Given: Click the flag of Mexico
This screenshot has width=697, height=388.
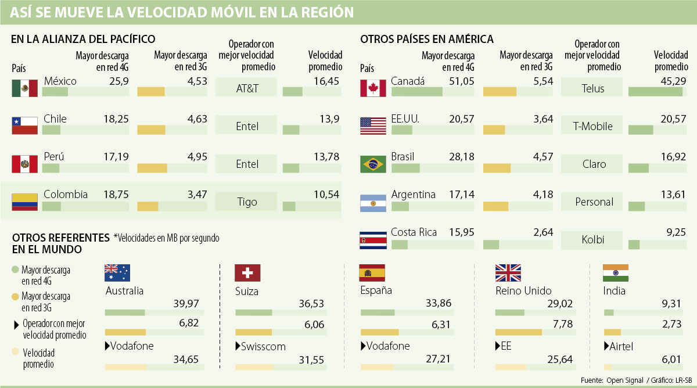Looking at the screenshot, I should pyautogui.click(x=24, y=88).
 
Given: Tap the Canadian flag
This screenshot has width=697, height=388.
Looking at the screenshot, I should pyautogui.click(x=373, y=88).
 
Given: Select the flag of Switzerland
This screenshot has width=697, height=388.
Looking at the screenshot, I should pyautogui.click(x=247, y=273).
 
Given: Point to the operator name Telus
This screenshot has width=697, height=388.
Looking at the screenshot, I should pyautogui.click(x=593, y=88).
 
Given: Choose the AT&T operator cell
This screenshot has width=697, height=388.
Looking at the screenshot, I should pyautogui.click(x=247, y=88).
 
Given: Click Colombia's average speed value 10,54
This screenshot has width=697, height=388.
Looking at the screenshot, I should pyautogui.click(x=326, y=195).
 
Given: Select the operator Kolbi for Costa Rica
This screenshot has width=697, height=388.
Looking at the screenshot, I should pyautogui.click(x=593, y=239).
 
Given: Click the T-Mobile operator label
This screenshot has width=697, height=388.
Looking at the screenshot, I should pyautogui.click(x=593, y=126).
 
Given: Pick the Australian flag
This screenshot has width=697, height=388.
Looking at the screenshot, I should pyautogui.click(x=117, y=273).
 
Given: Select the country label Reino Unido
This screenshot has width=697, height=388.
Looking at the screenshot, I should pyautogui.click(x=523, y=291).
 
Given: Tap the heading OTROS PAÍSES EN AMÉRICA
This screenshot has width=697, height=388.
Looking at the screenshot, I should pyautogui.click(x=427, y=39).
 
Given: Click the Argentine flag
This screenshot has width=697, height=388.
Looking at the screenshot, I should pyautogui.click(x=373, y=202).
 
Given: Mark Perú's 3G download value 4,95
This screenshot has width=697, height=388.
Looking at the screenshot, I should pyautogui.click(x=194, y=157).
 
